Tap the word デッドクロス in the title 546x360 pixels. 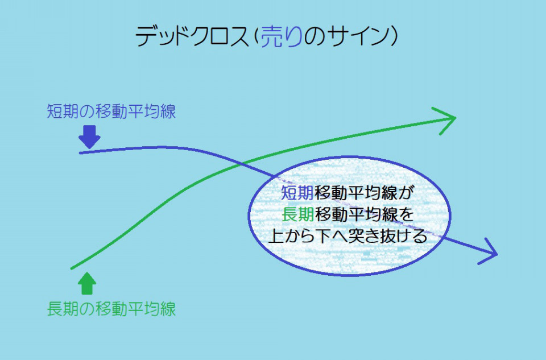coord(192,36)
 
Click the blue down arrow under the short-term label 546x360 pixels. coord(89,137)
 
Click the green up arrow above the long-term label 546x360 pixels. coord(86,283)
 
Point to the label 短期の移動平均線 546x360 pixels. coord(111,111)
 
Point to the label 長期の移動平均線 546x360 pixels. coord(111,309)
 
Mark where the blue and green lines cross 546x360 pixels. coord(243,163)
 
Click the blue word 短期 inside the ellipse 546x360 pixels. coord(297,193)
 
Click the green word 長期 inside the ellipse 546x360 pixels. coord(297,214)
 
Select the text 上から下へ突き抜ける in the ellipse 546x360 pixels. coord(348,236)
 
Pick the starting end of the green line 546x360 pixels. coord(72,268)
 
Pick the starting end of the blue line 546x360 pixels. coord(80,153)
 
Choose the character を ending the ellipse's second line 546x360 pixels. coord(406,214)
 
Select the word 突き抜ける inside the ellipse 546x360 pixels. coord(387,236)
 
